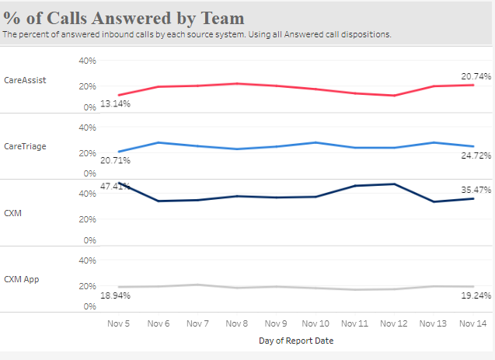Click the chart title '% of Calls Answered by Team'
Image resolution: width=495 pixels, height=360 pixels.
click(x=124, y=18)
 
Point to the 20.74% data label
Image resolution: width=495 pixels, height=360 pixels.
click(x=476, y=75)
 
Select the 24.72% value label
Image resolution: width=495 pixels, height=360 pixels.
click(x=476, y=156)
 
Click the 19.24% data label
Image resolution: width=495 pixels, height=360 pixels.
click(x=476, y=295)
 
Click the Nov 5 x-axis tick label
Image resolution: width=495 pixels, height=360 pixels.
click(x=119, y=323)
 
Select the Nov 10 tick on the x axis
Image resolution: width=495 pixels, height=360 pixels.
click(x=315, y=323)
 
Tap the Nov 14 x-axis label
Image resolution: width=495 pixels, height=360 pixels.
click(x=472, y=323)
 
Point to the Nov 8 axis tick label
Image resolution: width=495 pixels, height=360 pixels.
click(x=236, y=323)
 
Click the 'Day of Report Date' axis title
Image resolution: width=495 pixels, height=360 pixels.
click(x=295, y=341)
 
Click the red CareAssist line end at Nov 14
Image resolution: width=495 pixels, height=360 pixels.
click(x=472, y=85)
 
